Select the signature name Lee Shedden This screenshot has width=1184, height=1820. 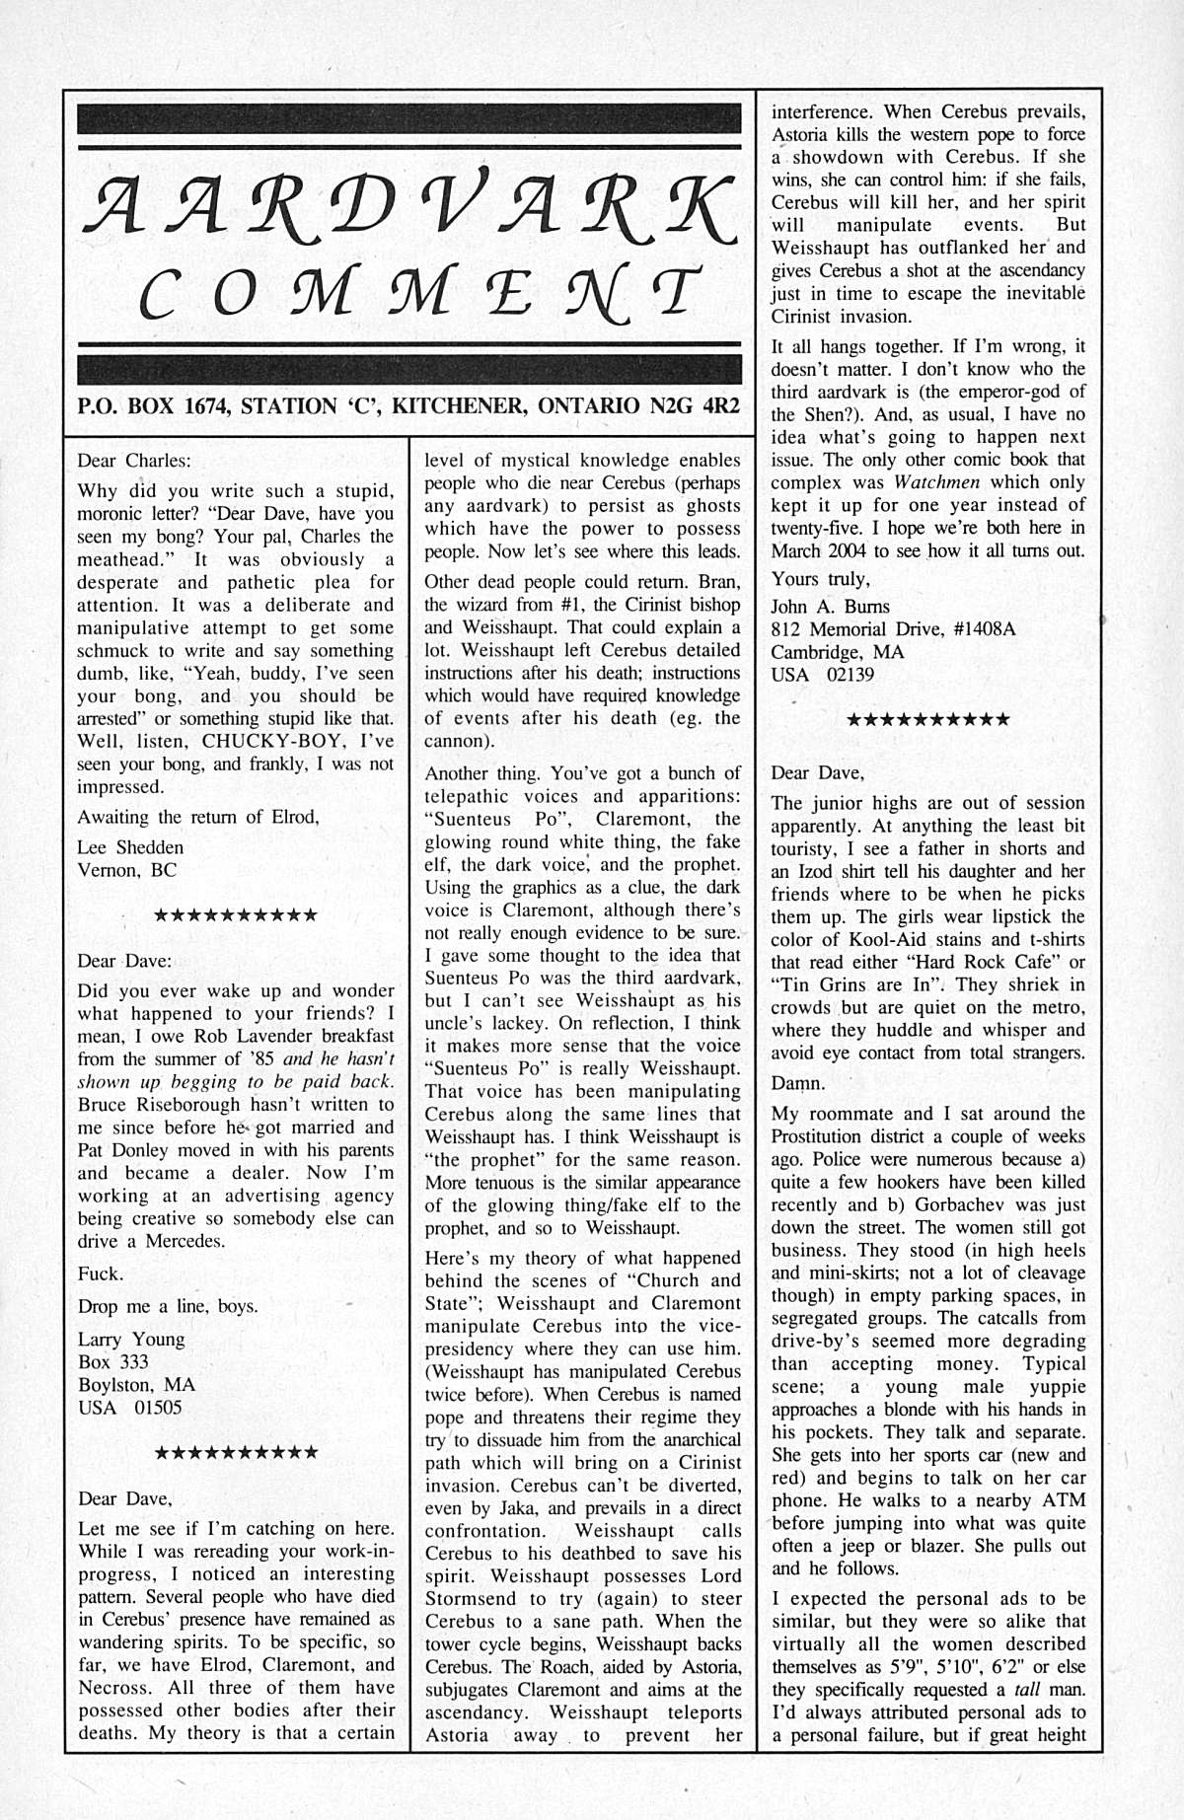tap(130, 847)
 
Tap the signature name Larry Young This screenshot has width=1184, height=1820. tap(131, 1339)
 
